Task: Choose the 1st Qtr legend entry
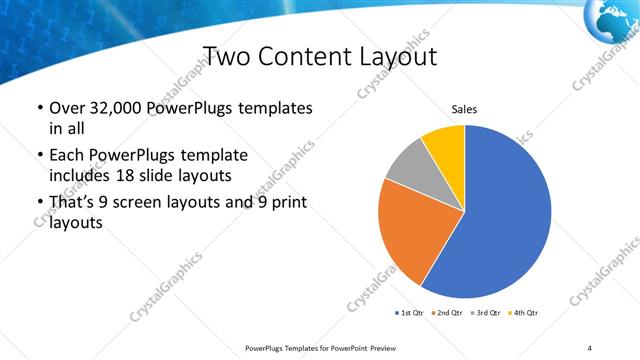(x=411, y=313)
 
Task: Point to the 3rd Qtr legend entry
(x=484, y=313)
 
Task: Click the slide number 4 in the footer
(x=589, y=347)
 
